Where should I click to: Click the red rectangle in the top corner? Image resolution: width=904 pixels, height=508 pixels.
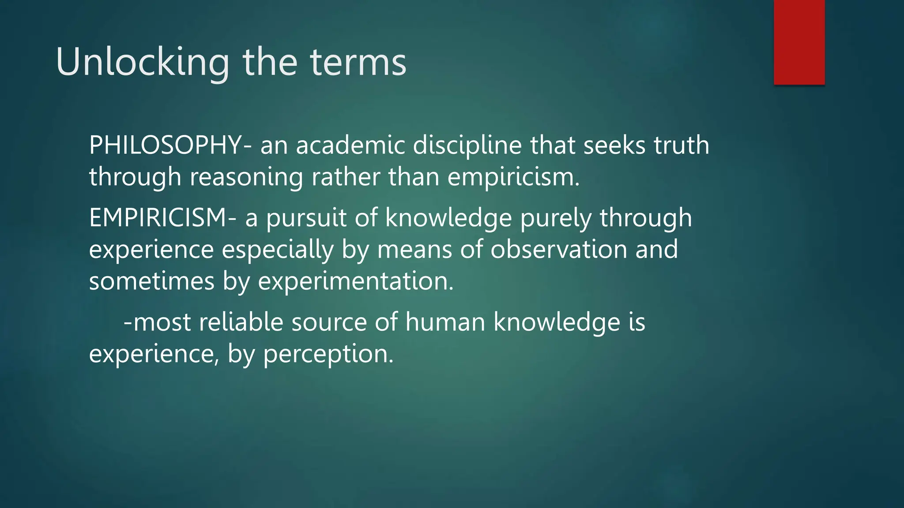pos(799,42)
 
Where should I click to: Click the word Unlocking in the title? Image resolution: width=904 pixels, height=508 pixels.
pos(143,62)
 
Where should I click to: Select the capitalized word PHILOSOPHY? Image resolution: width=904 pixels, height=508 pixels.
pos(165,145)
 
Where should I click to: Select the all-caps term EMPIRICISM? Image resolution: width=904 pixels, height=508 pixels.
pos(158,218)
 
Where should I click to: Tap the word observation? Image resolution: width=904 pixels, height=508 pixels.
pos(559,250)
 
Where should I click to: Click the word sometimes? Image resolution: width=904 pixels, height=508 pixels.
pos(151,281)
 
